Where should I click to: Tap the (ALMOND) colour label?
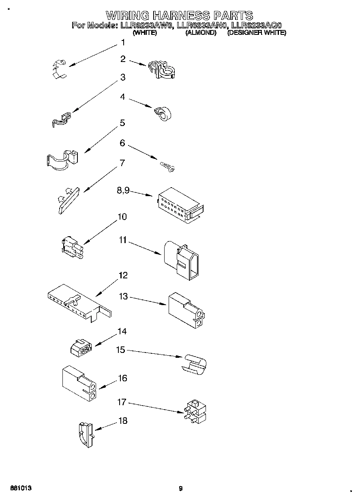tap(200, 33)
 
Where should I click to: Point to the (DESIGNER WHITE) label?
tap(257, 33)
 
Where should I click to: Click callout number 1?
tap(123, 43)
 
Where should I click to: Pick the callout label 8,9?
tap(123, 190)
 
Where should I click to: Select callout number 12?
tap(123, 276)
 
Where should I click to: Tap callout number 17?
tap(122, 402)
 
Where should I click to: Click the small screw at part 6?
tap(167, 167)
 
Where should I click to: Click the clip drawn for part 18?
tap(85, 435)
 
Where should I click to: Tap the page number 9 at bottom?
tap(181, 488)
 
